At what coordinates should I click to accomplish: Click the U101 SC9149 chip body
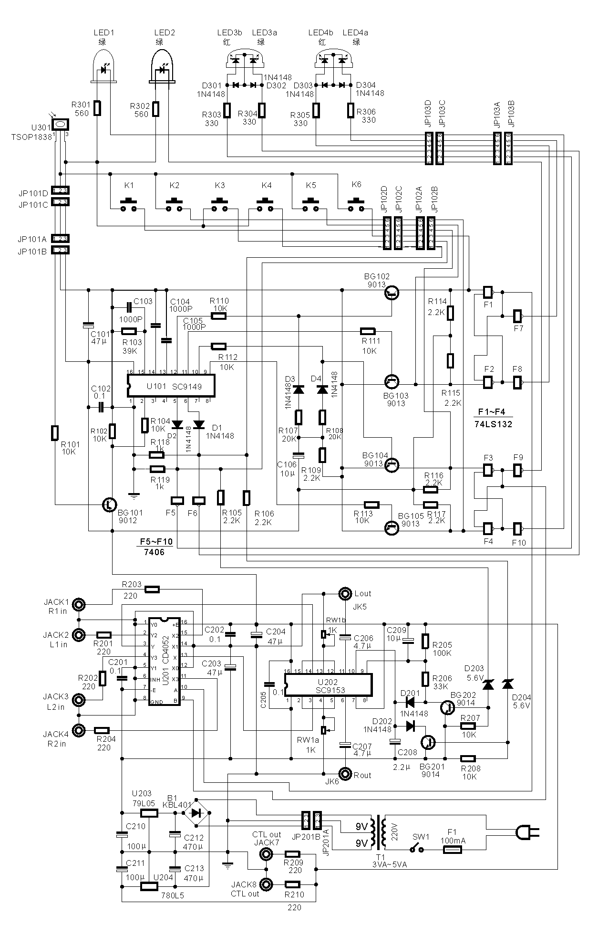tap(171, 386)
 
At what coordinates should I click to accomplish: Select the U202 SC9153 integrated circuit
tap(328, 686)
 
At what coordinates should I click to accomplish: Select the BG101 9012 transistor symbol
tap(110, 505)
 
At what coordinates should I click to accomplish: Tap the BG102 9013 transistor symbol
tap(392, 293)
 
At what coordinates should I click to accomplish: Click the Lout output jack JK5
tap(345, 593)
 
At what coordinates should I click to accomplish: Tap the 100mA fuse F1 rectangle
tap(452, 850)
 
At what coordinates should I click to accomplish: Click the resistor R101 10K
tap(55, 433)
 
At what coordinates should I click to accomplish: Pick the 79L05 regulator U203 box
tap(149, 812)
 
